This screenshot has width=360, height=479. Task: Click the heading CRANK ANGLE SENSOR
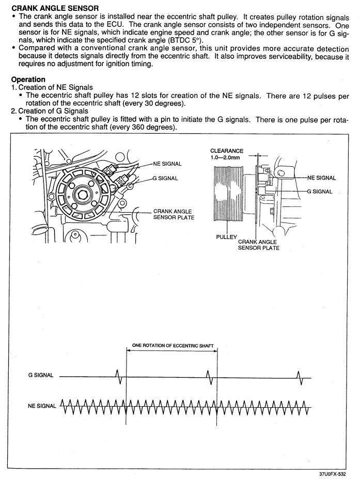coord(55,8)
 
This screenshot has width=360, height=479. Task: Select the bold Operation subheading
coord(28,79)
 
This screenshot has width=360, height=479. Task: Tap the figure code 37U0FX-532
coord(333,474)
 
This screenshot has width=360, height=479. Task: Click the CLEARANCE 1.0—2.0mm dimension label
coord(226,154)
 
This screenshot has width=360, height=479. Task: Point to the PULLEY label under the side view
coord(226,237)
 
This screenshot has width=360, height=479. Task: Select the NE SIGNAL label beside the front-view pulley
coord(167,164)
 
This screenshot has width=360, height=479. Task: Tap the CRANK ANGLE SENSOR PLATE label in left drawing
coord(174,214)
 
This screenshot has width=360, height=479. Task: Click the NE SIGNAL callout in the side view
coord(321,178)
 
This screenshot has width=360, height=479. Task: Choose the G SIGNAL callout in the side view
coord(320,191)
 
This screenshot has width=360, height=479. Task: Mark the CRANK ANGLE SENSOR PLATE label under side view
coord(259,245)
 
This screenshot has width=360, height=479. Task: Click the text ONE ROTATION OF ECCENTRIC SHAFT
coord(173,345)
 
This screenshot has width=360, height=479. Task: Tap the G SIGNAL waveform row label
coord(41,375)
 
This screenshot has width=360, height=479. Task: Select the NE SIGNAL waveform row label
coord(42,406)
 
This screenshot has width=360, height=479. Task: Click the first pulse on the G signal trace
coord(119,377)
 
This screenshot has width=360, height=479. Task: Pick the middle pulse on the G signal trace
coord(209,377)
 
